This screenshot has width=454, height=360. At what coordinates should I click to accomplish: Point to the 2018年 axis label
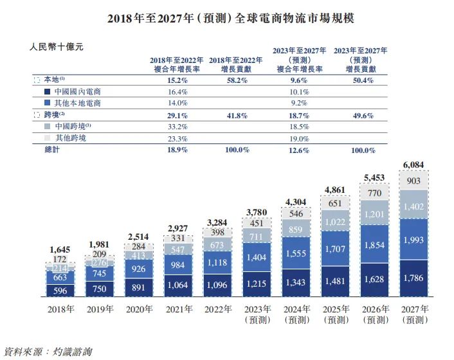pos(60,309)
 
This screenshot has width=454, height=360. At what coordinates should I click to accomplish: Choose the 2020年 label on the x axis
pos(138,309)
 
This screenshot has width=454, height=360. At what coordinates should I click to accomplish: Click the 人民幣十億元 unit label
pos(56,47)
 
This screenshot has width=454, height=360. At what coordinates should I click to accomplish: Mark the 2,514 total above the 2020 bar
pos(138,235)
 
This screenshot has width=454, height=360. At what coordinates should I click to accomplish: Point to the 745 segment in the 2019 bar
pos(99,274)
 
